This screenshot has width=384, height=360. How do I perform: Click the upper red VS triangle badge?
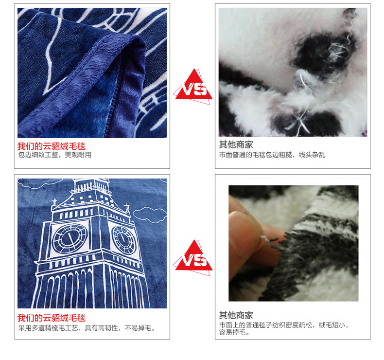(x=193, y=86)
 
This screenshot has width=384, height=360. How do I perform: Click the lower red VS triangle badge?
(x=193, y=257)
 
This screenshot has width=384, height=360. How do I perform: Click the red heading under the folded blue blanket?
(x=52, y=146)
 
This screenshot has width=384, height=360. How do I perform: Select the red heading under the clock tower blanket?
(x=52, y=318)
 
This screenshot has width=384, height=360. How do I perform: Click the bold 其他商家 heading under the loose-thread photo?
(x=236, y=144)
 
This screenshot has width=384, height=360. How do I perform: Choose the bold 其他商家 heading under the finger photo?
(x=236, y=315)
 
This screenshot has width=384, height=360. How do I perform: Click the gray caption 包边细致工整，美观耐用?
(x=55, y=155)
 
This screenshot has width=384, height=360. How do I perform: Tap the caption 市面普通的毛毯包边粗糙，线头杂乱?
(x=272, y=155)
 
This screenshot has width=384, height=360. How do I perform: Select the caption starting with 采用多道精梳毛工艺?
(x=87, y=328)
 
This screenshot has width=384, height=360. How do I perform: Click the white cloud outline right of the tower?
(x=150, y=215)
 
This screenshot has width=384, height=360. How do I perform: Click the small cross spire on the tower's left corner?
(x=54, y=202)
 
